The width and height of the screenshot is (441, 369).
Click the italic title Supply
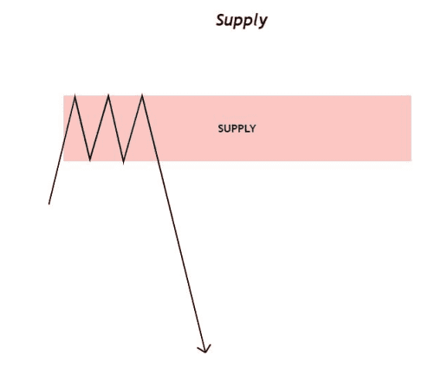(x=242, y=21)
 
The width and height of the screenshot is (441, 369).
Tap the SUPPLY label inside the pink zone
(x=237, y=128)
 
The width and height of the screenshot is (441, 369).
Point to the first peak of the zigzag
(x=75, y=95)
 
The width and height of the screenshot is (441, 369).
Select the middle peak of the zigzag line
(x=108, y=95)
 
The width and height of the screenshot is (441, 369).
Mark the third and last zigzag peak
(x=142, y=94)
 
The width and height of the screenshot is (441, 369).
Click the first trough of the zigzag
(x=90, y=159)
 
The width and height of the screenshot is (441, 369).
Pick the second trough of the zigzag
(x=123, y=163)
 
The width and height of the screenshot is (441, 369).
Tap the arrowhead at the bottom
(x=204, y=349)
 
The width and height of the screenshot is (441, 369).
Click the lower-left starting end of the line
(x=49, y=204)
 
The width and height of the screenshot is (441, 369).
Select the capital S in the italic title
(x=221, y=20)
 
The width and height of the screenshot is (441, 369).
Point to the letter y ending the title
(x=263, y=23)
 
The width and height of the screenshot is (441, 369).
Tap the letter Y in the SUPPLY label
(x=253, y=128)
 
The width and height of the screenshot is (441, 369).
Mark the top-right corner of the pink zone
(x=411, y=95)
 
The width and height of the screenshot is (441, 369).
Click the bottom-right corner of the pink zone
(x=411, y=160)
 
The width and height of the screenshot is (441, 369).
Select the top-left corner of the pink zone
(x=64, y=95)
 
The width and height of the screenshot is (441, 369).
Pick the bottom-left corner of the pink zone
(x=64, y=160)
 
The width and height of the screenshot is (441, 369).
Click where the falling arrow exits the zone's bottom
(x=159, y=160)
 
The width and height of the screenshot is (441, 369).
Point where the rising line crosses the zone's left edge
(x=64, y=141)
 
